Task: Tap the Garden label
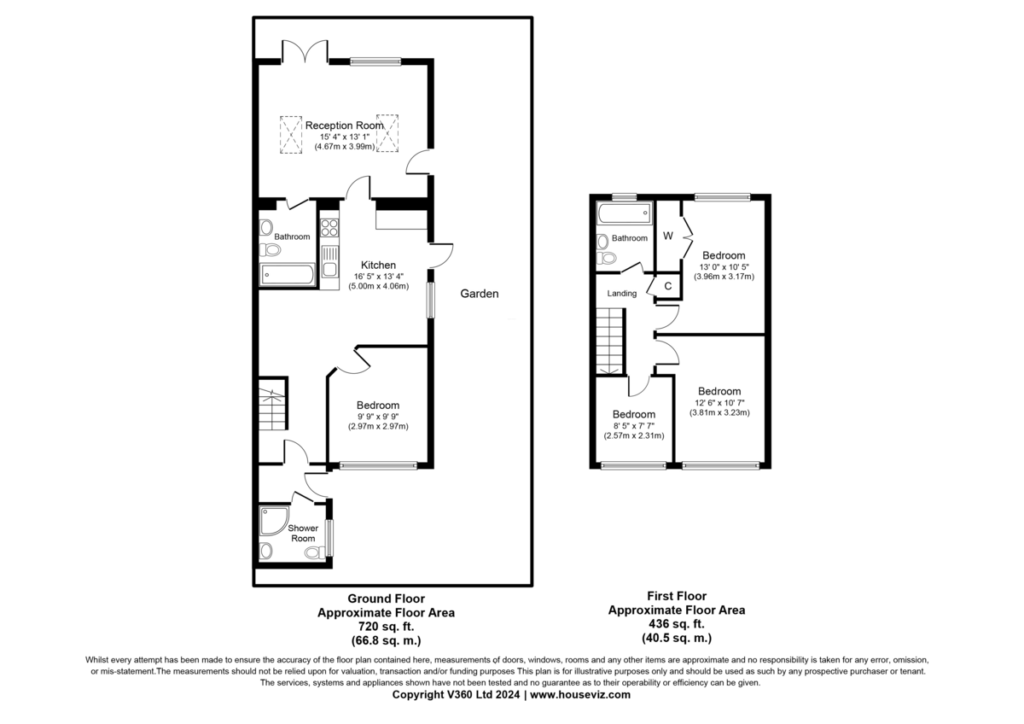pyautogui.click(x=480, y=294)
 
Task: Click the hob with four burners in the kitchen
pyautogui.click(x=329, y=229)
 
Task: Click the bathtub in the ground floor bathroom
pyautogui.click(x=286, y=273)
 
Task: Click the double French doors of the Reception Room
pyautogui.click(x=304, y=53)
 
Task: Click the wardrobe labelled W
pyautogui.click(x=668, y=236)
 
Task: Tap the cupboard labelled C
pyautogui.click(x=668, y=287)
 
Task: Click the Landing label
pyautogui.click(x=621, y=294)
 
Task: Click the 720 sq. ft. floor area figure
pyautogui.click(x=386, y=626)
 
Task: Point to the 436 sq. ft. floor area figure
pyautogui.click(x=676, y=624)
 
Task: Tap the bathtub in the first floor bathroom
pyautogui.click(x=623, y=213)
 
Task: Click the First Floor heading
pyautogui.click(x=676, y=596)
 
